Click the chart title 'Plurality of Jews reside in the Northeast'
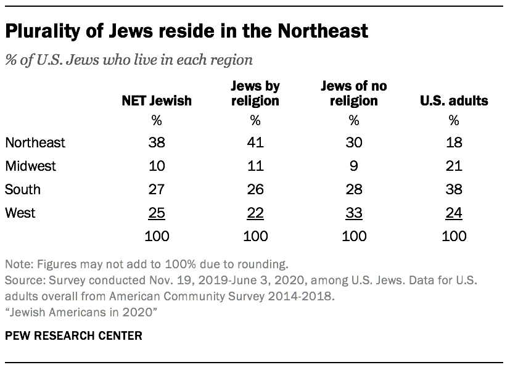tap(187, 31)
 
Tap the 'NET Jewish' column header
tap(156, 101)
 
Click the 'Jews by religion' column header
tap(255, 94)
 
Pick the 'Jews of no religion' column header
tap(354, 94)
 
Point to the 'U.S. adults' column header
tap(454, 101)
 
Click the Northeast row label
tap(35, 143)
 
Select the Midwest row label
tap(31, 166)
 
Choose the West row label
tap(20, 213)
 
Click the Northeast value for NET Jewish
tap(156, 143)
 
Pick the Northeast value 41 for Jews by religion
tap(255, 143)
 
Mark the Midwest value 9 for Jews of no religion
tap(354, 166)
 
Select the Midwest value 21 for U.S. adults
tap(454, 166)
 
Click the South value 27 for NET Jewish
tap(156, 189)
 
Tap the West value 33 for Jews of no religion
tap(354, 213)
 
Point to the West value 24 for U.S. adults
tap(454, 213)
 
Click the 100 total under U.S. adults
tap(454, 236)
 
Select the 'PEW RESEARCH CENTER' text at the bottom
tap(73, 336)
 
